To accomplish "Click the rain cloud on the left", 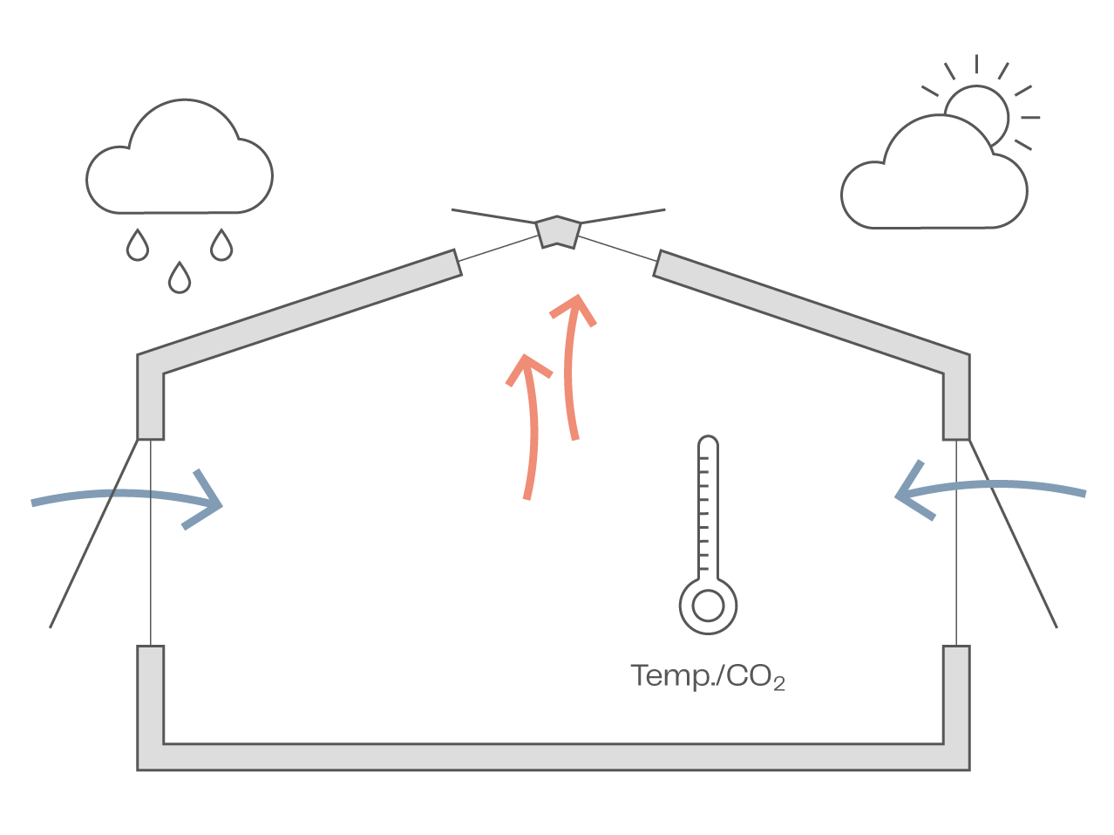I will [x=179, y=161].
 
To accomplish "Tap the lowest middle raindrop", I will [x=180, y=278].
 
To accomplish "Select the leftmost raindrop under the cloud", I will [x=137, y=246].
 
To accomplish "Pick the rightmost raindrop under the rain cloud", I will [x=222, y=246].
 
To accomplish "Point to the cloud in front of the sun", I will [x=933, y=183].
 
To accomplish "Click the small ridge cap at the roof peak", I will [x=557, y=231].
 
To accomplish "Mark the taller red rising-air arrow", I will [x=571, y=366].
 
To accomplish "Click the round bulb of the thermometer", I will [x=708, y=605].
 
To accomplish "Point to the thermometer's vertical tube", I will [x=708, y=506].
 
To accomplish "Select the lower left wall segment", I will [x=151, y=698].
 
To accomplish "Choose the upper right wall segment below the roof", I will [x=956, y=401].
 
